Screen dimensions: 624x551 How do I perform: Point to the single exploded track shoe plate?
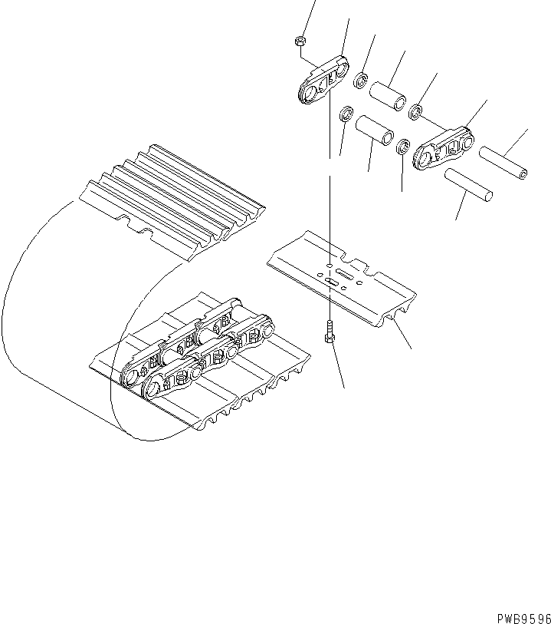[341, 276]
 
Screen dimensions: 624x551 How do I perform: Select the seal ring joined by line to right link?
[416, 113]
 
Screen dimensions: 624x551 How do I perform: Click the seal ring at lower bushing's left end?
[346, 114]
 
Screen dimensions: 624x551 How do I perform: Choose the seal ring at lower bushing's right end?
[403, 146]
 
